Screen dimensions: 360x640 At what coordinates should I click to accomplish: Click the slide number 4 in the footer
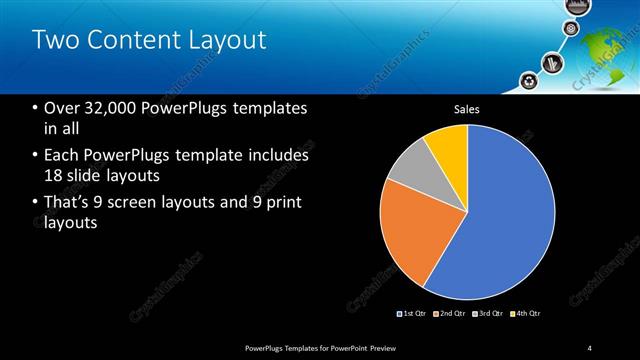(x=590, y=347)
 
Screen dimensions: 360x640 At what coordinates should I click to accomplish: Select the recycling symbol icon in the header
(x=527, y=79)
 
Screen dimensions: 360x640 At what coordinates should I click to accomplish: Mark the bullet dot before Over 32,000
(x=35, y=108)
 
